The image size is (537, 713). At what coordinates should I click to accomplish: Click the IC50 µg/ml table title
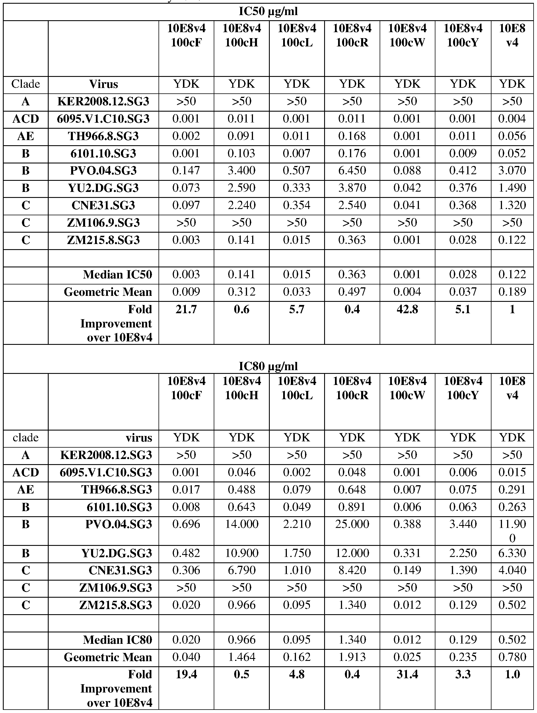pos(268,12)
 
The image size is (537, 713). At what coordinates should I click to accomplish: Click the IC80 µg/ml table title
pos(268,366)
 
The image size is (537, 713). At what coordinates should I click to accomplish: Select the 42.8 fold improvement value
pos(407,310)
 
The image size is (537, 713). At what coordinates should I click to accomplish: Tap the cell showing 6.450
pos(352,170)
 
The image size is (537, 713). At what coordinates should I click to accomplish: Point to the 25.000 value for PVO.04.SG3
pos(352,524)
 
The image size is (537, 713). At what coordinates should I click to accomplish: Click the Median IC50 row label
pos(117,274)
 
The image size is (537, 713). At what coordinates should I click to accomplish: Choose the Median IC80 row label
pos(117,640)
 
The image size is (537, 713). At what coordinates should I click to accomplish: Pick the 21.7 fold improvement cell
pos(186,310)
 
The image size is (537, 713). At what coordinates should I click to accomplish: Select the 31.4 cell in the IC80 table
pos(407,675)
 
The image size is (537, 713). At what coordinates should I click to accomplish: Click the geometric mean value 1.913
pos(352,657)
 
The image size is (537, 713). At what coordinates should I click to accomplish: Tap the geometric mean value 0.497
pos(352,292)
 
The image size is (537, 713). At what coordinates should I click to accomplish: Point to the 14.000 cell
pos(242,524)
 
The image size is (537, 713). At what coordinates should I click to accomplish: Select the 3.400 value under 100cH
pos(242,170)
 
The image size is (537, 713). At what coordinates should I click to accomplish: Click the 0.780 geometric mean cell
pos(512,657)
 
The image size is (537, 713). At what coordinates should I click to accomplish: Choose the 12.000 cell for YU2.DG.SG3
pos(352,553)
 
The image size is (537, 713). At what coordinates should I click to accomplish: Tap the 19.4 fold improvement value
pos(186,675)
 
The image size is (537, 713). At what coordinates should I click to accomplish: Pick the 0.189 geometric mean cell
pos(512,292)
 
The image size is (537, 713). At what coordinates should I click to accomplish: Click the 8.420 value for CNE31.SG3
pos(352,571)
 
